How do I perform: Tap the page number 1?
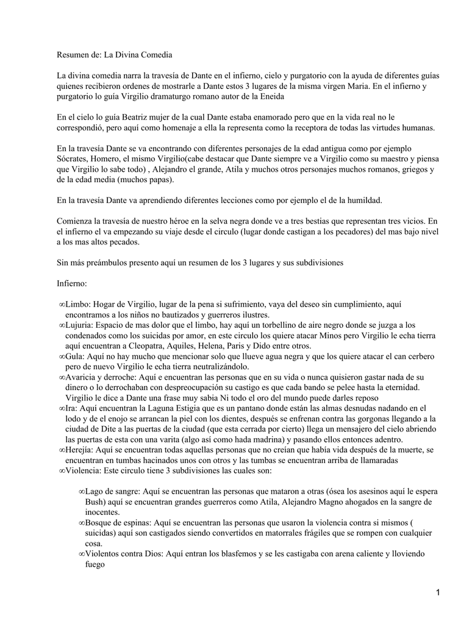[x=438, y=593]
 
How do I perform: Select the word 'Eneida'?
[x=270, y=97]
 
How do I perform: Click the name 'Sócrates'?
[x=74, y=160]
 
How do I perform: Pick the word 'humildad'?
[x=363, y=200]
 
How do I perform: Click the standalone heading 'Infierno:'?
[x=72, y=283]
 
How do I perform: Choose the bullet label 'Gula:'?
[x=76, y=356]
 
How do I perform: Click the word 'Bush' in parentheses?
[x=95, y=502]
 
